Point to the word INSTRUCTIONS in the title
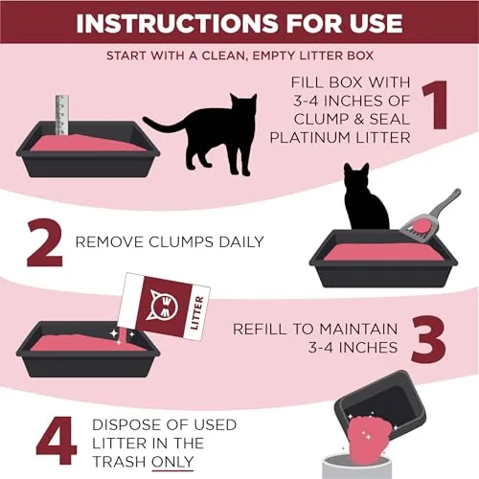167,21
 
